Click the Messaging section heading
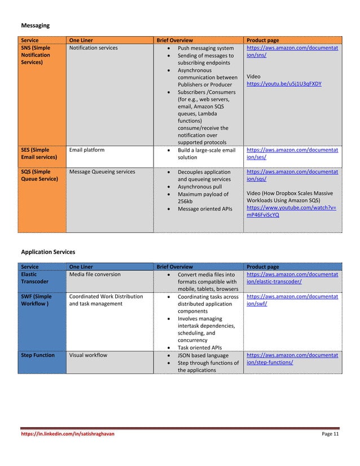(x=35, y=25)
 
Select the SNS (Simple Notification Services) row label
(x=36, y=55)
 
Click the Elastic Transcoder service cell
(x=34, y=278)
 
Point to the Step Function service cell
(x=38, y=355)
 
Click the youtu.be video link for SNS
(x=284, y=83)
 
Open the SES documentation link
(x=292, y=153)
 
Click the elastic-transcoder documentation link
(x=292, y=278)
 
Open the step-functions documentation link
(x=292, y=359)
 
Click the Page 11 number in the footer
(x=330, y=434)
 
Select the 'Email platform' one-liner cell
(x=86, y=150)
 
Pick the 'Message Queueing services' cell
(x=102, y=172)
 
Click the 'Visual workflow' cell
(x=88, y=355)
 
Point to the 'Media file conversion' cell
(x=94, y=274)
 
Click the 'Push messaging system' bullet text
(x=205, y=48)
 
